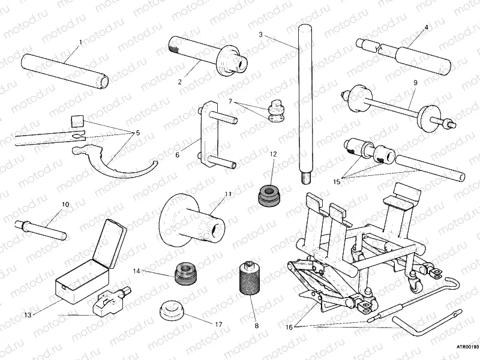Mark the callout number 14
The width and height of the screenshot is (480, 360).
click(136, 271)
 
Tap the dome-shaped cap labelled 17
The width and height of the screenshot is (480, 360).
click(172, 310)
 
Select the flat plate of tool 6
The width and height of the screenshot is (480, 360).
click(207, 135)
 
